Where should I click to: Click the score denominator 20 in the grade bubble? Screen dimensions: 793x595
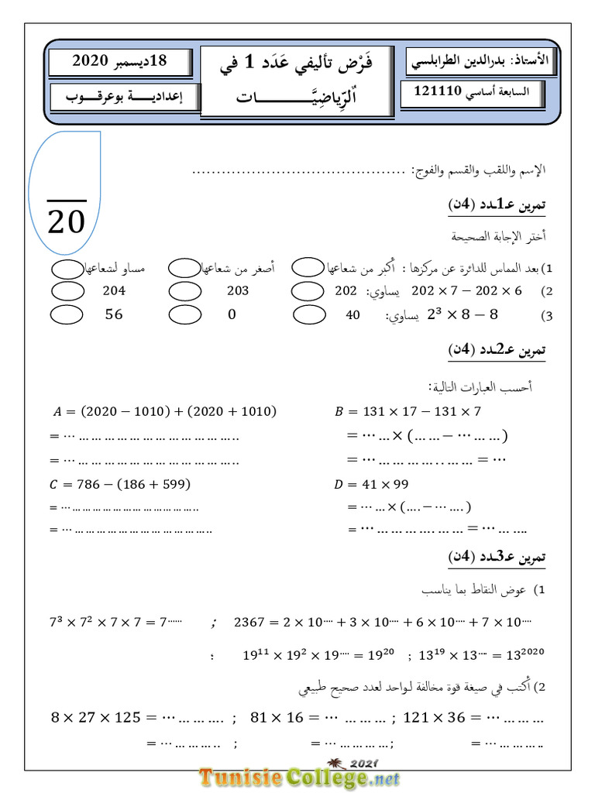click(x=66, y=222)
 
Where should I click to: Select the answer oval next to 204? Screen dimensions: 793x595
click(x=67, y=291)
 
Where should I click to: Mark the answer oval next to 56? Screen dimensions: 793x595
click(x=67, y=315)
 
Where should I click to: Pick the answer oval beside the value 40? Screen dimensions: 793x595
click(x=310, y=315)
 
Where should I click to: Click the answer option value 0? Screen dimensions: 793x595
click(x=232, y=315)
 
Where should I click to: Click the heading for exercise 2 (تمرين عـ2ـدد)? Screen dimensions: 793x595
click(x=497, y=351)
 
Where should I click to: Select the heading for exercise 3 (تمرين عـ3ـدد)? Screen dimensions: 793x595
click(x=497, y=557)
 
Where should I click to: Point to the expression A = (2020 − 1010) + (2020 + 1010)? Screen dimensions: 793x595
click(x=165, y=412)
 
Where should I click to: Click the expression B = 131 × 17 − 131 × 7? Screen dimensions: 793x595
click(x=408, y=412)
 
